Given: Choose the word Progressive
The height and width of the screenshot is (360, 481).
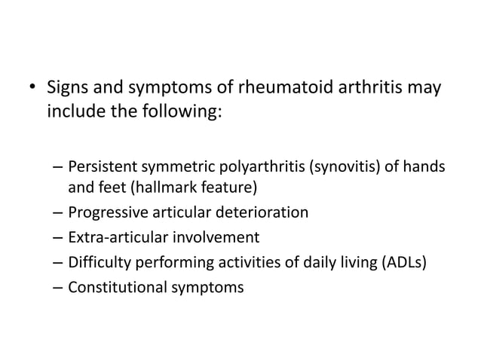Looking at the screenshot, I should click(107, 212).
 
